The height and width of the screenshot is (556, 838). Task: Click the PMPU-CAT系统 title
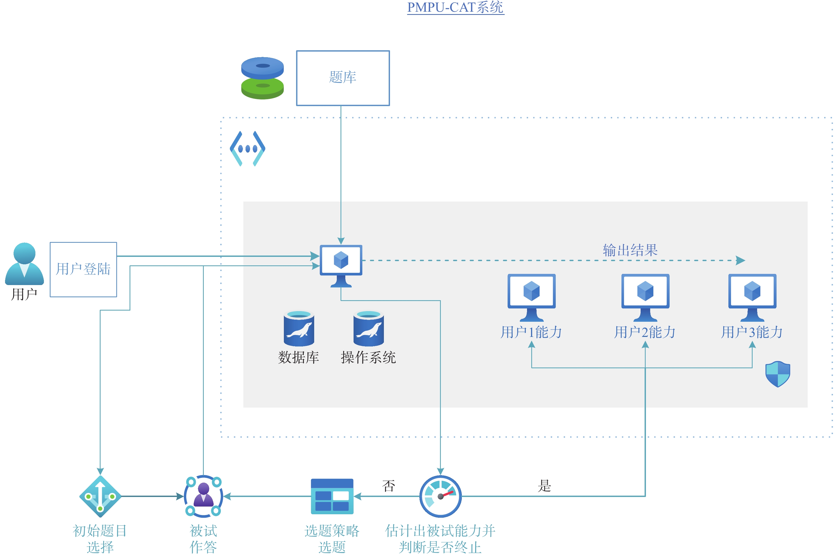click(x=455, y=7)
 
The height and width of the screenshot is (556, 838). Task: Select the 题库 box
click(x=343, y=78)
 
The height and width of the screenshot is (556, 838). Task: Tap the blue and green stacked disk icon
click(x=262, y=78)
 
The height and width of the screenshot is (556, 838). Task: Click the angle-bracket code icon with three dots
click(x=247, y=149)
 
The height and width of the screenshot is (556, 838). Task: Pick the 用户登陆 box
click(x=83, y=269)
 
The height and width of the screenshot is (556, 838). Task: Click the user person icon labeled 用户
click(x=24, y=264)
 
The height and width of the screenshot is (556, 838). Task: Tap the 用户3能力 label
click(x=752, y=332)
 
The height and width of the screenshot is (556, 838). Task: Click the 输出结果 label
click(x=630, y=250)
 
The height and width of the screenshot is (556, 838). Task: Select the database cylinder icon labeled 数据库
click(x=299, y=328)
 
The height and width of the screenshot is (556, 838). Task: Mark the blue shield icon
click(x=777, y=374)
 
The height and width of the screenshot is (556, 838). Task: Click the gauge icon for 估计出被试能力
click(x=440, y=496)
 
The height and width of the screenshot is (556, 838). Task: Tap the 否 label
click(x=388, y=486)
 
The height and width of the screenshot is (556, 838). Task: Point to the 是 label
click(x=544, y=486)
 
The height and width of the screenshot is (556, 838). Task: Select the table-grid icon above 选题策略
click(x=332, y=496)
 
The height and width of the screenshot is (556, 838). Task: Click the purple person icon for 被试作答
click(x=203, y=496)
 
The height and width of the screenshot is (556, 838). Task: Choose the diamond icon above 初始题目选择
click(x=100, y=496)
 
